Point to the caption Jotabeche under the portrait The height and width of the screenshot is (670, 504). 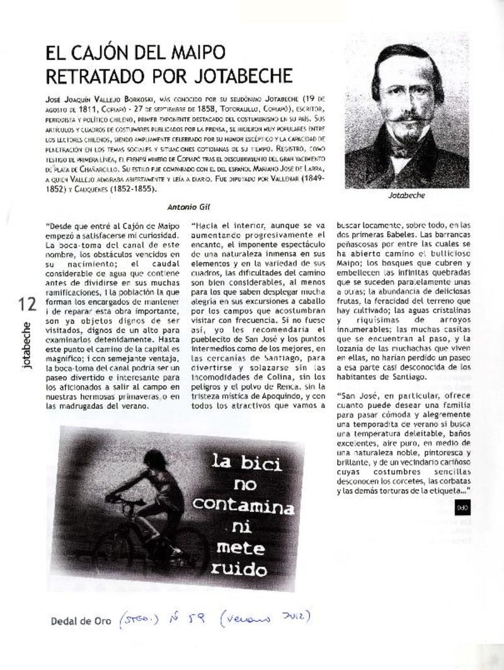click(x=406, y=195)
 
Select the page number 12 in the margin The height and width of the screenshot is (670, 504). click(x=27, y=304)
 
